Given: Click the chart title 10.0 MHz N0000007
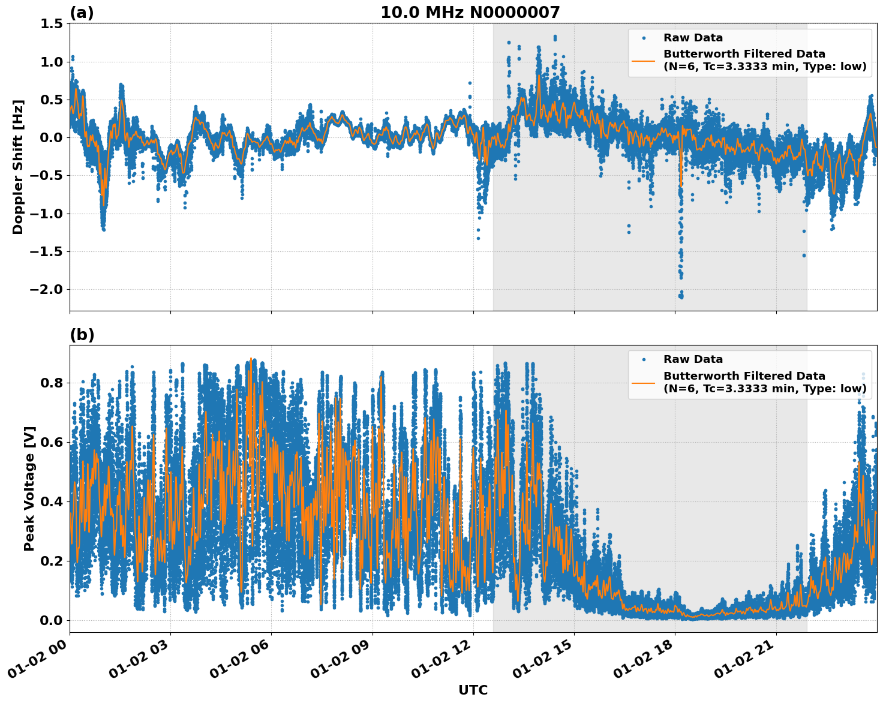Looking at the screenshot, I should pos(470,13).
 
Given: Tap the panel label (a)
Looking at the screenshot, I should pos(82,13).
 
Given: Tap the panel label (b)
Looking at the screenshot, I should pos(82,335).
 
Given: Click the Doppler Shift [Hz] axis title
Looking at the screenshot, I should pos(18,167).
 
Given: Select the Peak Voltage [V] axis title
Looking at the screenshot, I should pos(29,488).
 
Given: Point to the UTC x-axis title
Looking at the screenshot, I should pos(473,690).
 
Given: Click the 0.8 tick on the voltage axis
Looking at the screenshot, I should pos(51,383).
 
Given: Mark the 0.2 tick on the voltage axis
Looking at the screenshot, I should pos(51,561).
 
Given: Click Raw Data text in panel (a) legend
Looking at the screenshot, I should pos(693,38).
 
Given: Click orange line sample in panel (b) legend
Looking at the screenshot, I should pos(644,382).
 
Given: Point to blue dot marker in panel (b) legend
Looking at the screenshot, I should pos(644,359).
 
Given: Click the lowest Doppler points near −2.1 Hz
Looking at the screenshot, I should pos(680,296).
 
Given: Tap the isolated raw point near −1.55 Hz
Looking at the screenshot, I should pos(804,256).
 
